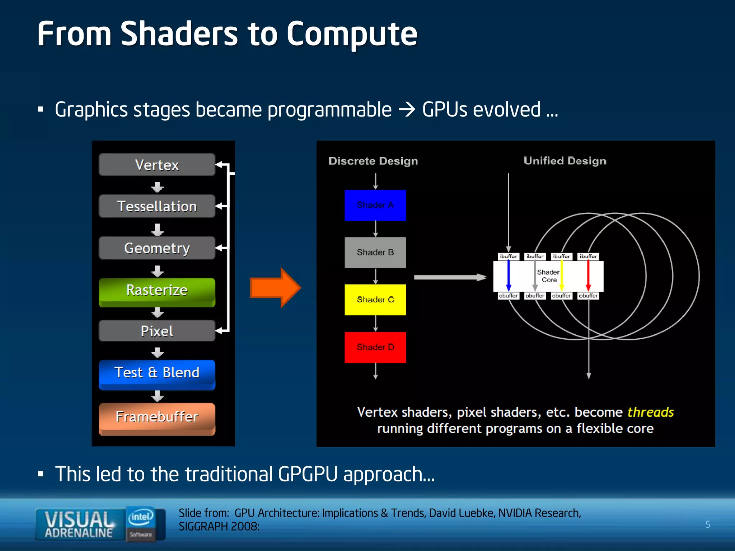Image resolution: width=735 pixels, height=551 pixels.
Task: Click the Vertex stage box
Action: pos(157,165)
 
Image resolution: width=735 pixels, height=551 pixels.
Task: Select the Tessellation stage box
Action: pos(157,206)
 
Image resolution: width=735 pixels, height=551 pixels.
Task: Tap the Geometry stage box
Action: pos(157,248)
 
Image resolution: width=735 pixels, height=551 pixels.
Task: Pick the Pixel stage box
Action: pos(157,331)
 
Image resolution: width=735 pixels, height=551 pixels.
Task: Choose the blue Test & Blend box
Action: pos(157,373)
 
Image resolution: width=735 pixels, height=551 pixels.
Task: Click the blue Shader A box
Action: pos(375,205)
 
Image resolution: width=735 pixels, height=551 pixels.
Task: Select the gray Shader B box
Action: pos(375,253)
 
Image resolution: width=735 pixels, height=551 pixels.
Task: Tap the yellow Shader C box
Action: pos(375,300)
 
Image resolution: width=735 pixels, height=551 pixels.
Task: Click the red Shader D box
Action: pos(375,347)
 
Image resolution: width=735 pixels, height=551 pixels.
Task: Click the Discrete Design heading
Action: pos(373,161)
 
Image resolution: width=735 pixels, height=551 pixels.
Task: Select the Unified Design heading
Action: pos(565,161)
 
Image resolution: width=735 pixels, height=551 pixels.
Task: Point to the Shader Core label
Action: pos(548,276)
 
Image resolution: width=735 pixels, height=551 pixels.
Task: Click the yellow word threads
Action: pos(650,412)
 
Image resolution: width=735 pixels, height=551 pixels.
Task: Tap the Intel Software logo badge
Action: pos(141,524)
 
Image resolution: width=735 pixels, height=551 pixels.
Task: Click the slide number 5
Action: pos(707,524)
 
